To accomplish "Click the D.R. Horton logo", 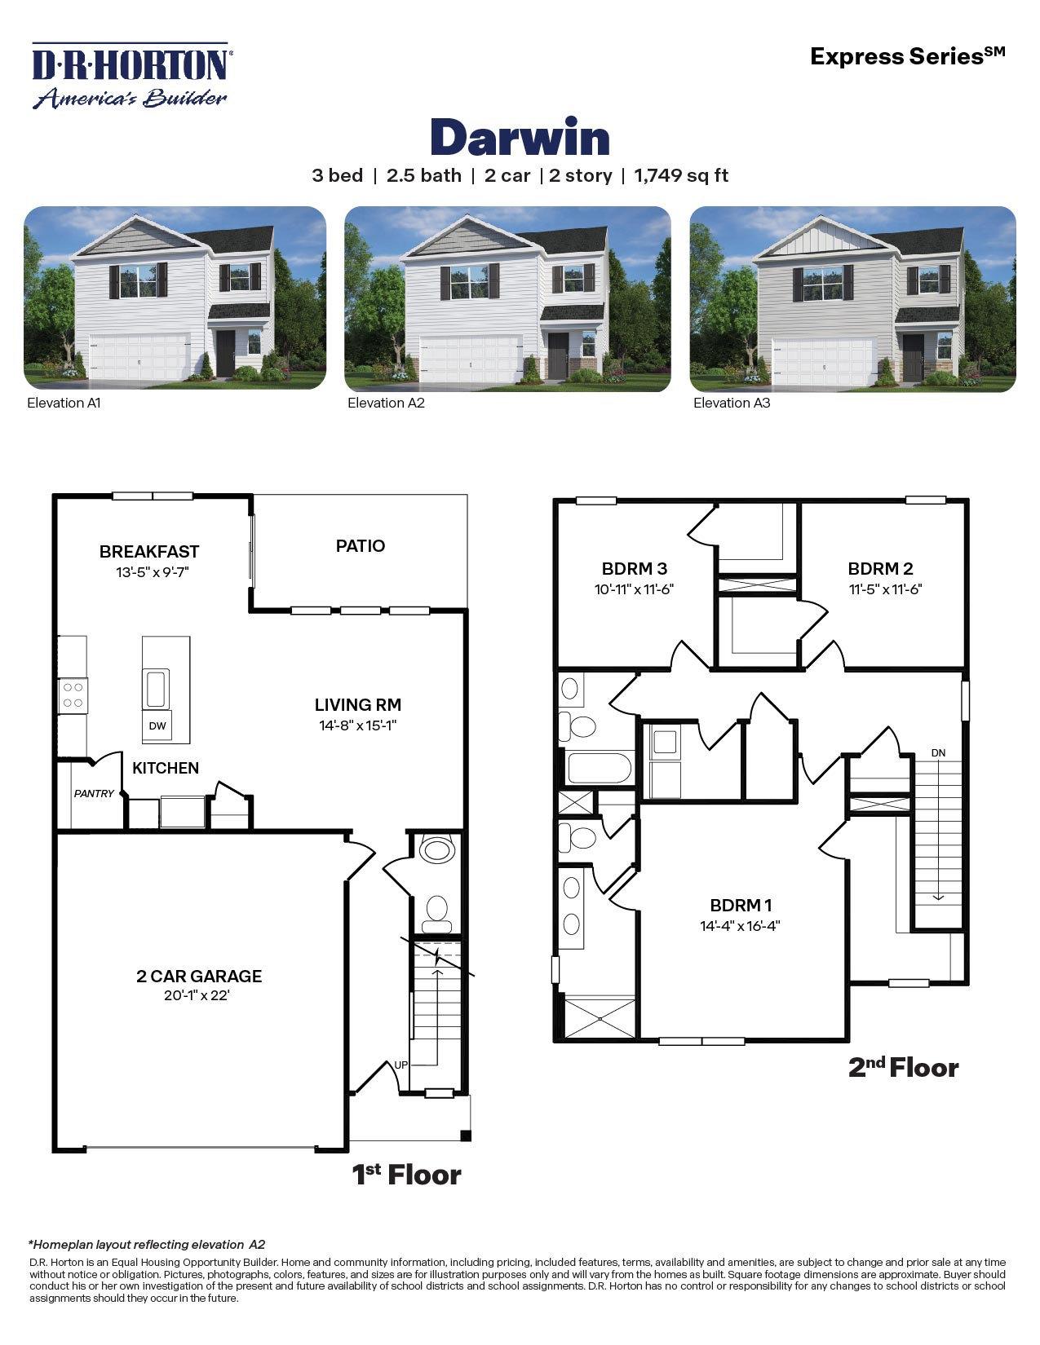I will click(x=131, y=75).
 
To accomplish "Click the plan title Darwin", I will click(x=520, y=138).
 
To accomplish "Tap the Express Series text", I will click(x=907, y=56).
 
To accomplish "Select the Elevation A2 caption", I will click(x=386, y=403).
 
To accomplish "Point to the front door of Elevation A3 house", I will click(x=913, y=356).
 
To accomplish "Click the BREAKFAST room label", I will click(x=149, y=552).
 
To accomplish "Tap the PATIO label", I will click(x=360, y=546).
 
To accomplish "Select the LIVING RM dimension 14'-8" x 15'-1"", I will click(x=358, y=725).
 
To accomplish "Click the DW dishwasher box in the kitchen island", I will click(x=157, y=725).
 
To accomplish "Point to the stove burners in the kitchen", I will click(x=73, y=695).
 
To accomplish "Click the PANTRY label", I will click(x=94, y=793).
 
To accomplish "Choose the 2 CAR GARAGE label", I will click(x=199, y=976).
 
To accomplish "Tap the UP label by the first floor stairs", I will click(x=401, y=1065).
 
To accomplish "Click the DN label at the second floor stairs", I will click(x=938, y=752).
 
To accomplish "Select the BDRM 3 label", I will click(x=634, y=569).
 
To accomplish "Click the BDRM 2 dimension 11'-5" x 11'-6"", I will click(x=885, y=589).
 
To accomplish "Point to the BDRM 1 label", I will click(x=741, y=905).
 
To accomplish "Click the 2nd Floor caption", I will click(x=903, y=1067).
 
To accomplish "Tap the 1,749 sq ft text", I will click(x=681, y=176).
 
